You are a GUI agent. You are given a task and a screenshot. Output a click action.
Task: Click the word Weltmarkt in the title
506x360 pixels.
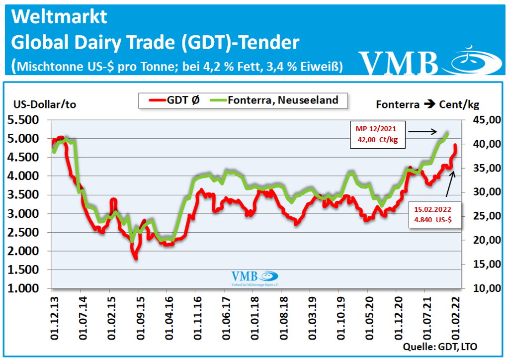coord(59,17)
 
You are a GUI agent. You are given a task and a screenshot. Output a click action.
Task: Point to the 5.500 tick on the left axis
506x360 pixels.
coord(25,120)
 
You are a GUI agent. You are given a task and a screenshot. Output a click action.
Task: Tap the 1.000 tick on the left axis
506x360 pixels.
coord(25,289)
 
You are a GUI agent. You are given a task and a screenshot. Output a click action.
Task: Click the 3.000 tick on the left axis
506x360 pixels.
coord(25,214)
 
